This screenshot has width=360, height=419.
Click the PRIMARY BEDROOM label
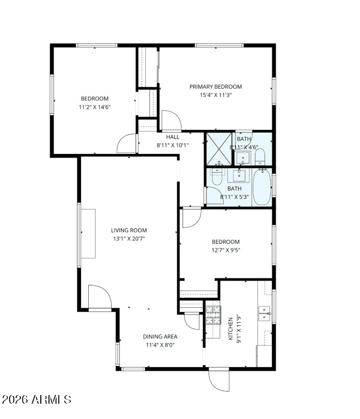point(215,87)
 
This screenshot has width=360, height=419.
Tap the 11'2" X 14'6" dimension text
point(95,107)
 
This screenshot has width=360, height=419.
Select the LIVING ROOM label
point(129,230)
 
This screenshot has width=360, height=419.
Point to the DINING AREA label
point(160,336)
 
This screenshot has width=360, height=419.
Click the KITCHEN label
point(230,329)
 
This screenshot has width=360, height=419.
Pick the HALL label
point(173,137)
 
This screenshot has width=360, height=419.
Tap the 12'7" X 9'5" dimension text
point(226,250)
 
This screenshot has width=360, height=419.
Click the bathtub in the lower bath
point(262,187)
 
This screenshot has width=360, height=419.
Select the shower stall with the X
point(219,149)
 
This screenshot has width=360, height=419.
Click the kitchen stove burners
point(213,315)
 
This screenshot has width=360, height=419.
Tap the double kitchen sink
point(264,313)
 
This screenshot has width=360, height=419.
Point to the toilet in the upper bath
point(260,157)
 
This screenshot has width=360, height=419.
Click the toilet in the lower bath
point(217,177)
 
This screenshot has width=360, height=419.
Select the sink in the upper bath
point(243,158)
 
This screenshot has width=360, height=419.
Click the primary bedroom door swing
point(171,120)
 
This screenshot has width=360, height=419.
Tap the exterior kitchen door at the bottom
point(219,380)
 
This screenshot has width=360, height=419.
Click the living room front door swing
point(99,297)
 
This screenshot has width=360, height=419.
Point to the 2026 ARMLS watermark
point(36,400)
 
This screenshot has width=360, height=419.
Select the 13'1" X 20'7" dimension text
point(129,239)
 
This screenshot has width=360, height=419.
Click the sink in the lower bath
point(239,175)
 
